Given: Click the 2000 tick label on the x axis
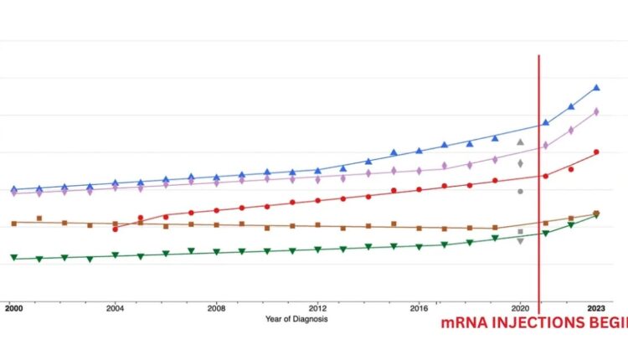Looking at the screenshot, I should [13, 309].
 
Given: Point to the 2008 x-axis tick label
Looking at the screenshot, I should [216, 309].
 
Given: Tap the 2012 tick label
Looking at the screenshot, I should [317, 309].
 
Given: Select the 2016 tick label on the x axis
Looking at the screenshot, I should [419, 309].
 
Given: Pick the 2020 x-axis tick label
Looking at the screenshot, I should [520, 309].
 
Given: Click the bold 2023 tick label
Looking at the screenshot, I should [596, 309].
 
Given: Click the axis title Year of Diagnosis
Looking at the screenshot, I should [296, 319].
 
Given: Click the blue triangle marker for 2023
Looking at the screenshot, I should [596, 87].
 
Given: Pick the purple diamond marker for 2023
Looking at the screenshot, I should [596, 111].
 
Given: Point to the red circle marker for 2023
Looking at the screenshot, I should [596, 152].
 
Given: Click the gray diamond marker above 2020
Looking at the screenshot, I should [520, 163].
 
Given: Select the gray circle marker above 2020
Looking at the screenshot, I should [520, 192].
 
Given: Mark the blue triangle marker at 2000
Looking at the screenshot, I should [13, 189].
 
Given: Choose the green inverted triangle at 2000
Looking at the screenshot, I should [13, 258].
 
